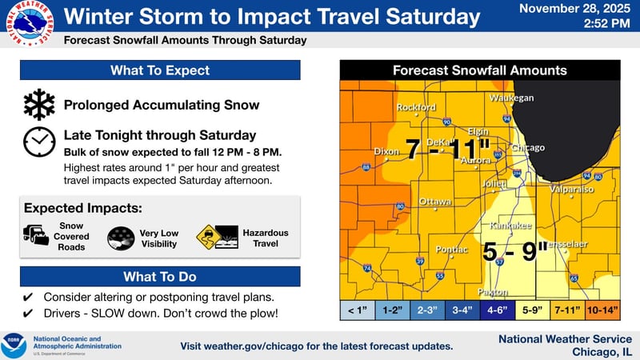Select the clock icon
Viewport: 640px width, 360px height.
pos(38,141)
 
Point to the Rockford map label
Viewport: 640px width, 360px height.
pos(416,107)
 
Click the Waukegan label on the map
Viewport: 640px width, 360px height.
pos(511,98)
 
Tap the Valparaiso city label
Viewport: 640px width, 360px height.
pos(572,190)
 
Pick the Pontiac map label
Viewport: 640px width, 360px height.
pos(451,250)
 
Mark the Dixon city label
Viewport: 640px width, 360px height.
pos(387,151)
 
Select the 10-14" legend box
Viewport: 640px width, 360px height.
pos(603,308)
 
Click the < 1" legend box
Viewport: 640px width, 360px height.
pos(358,308)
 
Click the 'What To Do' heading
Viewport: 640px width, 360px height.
pos(160,277)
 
